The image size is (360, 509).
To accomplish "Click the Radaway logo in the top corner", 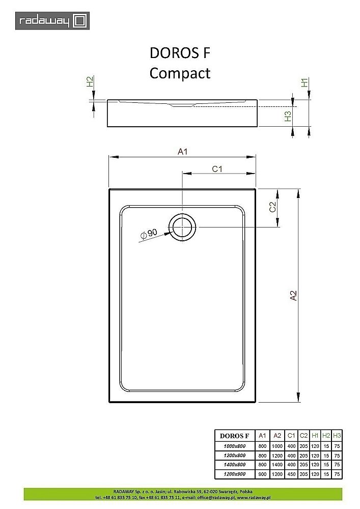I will point(52,21).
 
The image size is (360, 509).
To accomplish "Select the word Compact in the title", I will point(180,73).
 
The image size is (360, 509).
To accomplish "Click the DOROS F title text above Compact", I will point(180,53).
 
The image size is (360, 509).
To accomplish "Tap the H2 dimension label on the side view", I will point(89,82).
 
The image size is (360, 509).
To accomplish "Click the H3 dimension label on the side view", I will point(288,116).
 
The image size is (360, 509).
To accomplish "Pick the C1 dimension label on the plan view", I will point(218,169).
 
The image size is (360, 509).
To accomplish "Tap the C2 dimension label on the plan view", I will point(272,207).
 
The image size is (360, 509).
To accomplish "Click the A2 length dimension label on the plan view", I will point(293,296).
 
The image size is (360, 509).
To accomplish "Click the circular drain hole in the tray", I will point(182,227).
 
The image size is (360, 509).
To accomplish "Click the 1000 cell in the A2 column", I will point(277,445).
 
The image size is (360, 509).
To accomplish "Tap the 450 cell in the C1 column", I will point(291,474).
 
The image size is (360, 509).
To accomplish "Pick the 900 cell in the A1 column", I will point(262,474).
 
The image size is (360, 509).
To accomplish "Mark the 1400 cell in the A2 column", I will point(277,464).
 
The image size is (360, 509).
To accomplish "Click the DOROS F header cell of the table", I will point(234,435).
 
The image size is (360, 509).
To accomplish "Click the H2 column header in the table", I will point(326,435).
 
